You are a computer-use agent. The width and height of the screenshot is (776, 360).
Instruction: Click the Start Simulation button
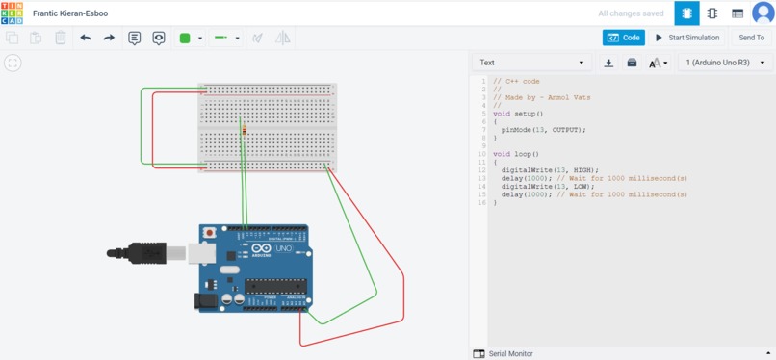tap(687, 38)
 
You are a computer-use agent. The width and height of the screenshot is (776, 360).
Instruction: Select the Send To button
tap(751, 38)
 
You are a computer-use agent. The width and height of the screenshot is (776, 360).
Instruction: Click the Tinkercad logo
tap(12, 13)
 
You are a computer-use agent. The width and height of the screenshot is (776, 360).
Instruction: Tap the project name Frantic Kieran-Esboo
tap(70, 13)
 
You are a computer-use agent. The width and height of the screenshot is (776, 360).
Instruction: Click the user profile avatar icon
tap(762, 13)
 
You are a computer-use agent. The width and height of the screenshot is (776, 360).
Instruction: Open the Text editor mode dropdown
tap(532, 63)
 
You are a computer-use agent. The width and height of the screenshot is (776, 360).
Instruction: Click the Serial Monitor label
tap(510, 354)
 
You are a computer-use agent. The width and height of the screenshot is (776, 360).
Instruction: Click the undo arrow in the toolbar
tap(86, 38)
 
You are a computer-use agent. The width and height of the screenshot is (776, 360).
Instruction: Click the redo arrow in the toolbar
tap(109, 38)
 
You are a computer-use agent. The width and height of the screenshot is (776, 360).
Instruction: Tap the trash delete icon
tap(60, 38)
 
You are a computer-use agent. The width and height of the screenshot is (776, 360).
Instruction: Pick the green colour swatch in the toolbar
tap(185, 38)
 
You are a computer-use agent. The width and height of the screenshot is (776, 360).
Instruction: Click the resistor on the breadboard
tap(244, 130)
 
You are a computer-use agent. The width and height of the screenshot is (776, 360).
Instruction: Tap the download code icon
tap(608, 63)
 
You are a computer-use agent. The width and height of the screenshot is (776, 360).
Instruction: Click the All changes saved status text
tap(631, 13)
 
